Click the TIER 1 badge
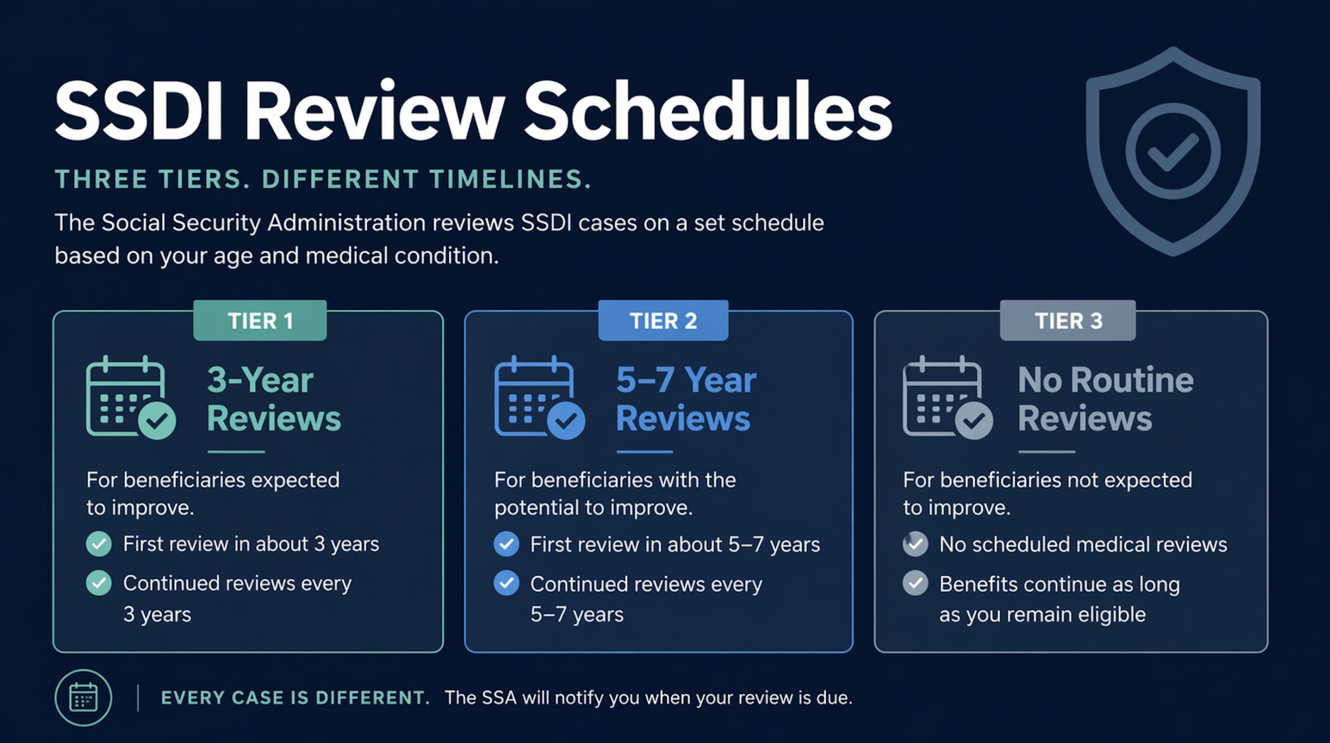point(260,320)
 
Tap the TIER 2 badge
point(663,320)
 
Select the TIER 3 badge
point(1068,320)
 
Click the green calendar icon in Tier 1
point(130,397)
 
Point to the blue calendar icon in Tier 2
point(539,397)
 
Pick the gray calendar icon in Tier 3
point(948,397)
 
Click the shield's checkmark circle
point(1173,151)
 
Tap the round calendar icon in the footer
point(83,697)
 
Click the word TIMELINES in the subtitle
point(510,179)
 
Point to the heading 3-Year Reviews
point(274,399)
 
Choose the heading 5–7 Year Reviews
point(686,399)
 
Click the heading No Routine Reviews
point(1106,399)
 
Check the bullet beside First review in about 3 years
point(99,544)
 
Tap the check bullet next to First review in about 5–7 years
point(506,544)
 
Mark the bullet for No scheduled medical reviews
point(915,544)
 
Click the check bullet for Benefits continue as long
point(915,582)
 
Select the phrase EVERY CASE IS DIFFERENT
point(296,698)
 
